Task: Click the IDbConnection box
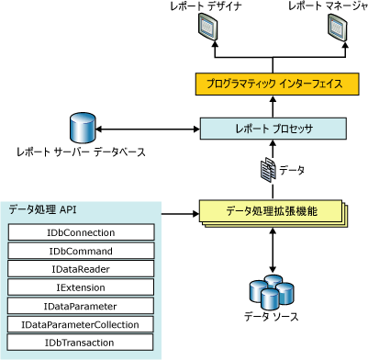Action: click(x=81, y=232)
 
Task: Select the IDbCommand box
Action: click(x=81, y=251)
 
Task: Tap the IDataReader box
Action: click(x=81, y=269)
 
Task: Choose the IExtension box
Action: click(x=81, y=287)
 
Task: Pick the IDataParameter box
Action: click(x=81, y=306)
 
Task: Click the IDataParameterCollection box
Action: click(x=80, y=324)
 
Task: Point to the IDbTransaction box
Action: click(x=80, y=343)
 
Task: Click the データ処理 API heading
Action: click(x=42, y=210)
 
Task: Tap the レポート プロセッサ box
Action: click(x=273, y=129)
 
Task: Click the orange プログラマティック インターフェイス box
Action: click(x=277, y=84)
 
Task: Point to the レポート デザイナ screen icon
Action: click(x=208, y=28)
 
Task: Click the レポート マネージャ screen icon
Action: click(x=338, y=28)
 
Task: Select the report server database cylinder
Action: click(x=83, y=128)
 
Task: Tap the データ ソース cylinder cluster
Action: click(x=272, y=292)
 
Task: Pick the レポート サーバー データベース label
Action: click(x=81, y=152)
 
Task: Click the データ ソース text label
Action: click(x=271, y=317)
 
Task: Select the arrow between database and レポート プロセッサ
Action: click(x=148, y=129)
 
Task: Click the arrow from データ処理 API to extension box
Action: click(x=180, y=214)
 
